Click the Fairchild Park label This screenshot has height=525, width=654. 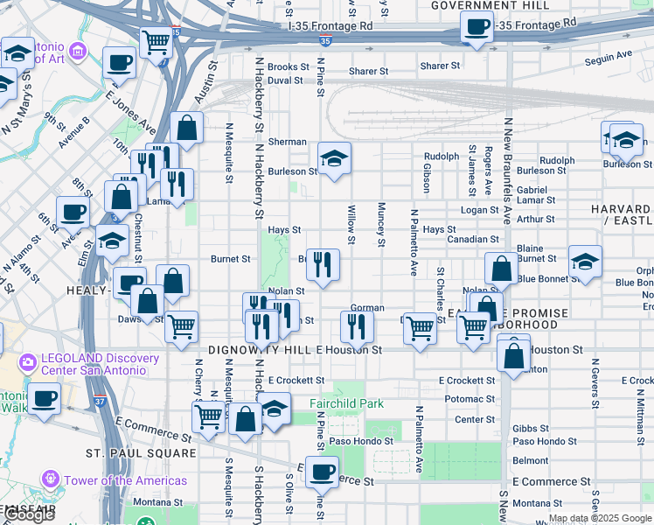coord(347,404)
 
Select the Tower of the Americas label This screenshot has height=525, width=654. coord(125,480)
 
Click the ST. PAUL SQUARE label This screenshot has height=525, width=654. coord(141,453)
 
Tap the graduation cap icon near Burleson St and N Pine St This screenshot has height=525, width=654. coord(334,158)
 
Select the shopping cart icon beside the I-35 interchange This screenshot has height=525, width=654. coord(156,40)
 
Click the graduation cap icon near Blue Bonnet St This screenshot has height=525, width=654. coord(585,261)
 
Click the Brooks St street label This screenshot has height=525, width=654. coord(289,66)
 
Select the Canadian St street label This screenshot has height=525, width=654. coord(472,239)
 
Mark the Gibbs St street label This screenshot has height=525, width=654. coord(531,429)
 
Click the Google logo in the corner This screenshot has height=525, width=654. coord(29,515)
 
